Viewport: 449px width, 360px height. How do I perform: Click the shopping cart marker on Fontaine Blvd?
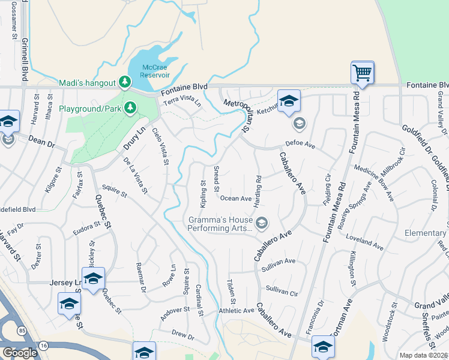coord(363,73)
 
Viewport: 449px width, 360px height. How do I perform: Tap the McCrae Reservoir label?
coord(155,71)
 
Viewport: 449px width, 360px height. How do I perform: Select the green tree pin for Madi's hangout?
coord(125,82)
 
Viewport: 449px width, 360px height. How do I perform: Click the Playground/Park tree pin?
coord(130,108)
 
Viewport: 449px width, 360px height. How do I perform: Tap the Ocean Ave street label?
coord(236,198)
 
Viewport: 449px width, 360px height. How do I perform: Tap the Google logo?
coord(19,353)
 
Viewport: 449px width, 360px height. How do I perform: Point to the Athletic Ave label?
coord(237,310)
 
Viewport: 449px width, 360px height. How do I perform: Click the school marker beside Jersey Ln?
coord(94,279)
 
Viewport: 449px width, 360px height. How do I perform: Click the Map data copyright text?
coord(424,355)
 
